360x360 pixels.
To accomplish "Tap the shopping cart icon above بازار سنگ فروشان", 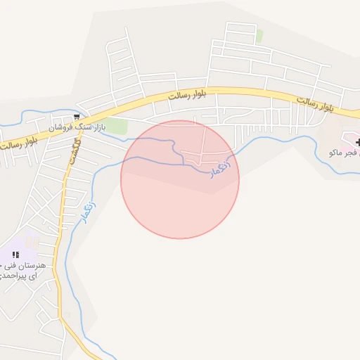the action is tap(76, 117).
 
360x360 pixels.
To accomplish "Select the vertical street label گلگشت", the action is tap(72, 149).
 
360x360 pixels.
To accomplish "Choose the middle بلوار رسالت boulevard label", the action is tap(187, 96).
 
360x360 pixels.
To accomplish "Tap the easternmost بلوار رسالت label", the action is tap(314, 105).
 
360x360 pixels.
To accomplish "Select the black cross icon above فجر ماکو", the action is tap(358, 143).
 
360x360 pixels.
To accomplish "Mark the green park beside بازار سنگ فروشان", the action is tap(116, 127).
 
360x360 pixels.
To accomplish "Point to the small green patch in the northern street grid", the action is tap(259, 35).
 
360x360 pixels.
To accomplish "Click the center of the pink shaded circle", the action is tap(180, 179).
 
